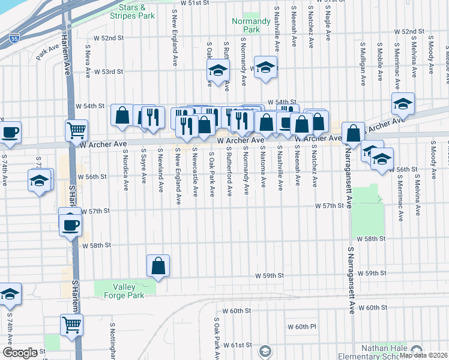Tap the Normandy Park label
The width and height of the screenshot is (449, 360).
pos(246,25)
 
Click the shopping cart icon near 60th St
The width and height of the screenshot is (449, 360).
pos(71,325)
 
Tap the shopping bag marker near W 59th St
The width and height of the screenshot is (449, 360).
pos(158,265)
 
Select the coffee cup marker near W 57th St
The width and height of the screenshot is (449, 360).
pos(70,225)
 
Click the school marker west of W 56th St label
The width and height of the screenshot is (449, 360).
pos(40,181)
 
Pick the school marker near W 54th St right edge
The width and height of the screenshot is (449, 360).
pos(403,104)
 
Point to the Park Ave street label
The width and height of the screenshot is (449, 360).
pos(45,54)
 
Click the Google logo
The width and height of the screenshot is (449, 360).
pos(20,353)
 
